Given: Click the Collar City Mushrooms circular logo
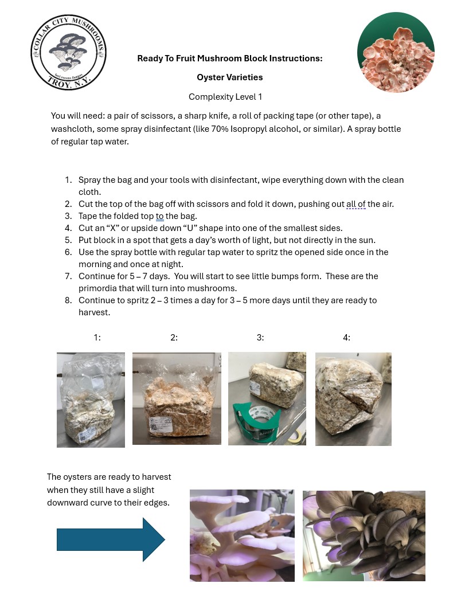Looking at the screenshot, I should [x=68, y=52].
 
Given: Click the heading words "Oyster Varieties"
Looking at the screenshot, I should [x=229, y=77].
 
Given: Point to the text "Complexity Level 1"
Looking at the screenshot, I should [x=225, y=97].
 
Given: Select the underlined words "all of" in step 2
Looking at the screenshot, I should [x=355, y=204].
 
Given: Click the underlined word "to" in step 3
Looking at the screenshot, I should [x=160, y=216].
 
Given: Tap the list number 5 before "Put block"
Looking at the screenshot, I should [x=68, y=240].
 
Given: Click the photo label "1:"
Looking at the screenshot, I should [x=97, y=338].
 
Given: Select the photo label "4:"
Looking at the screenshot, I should [x=346, y=338].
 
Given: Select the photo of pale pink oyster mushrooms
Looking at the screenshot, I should [x=242, y=535].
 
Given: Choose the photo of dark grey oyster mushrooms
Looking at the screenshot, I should [x=364, y=535].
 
